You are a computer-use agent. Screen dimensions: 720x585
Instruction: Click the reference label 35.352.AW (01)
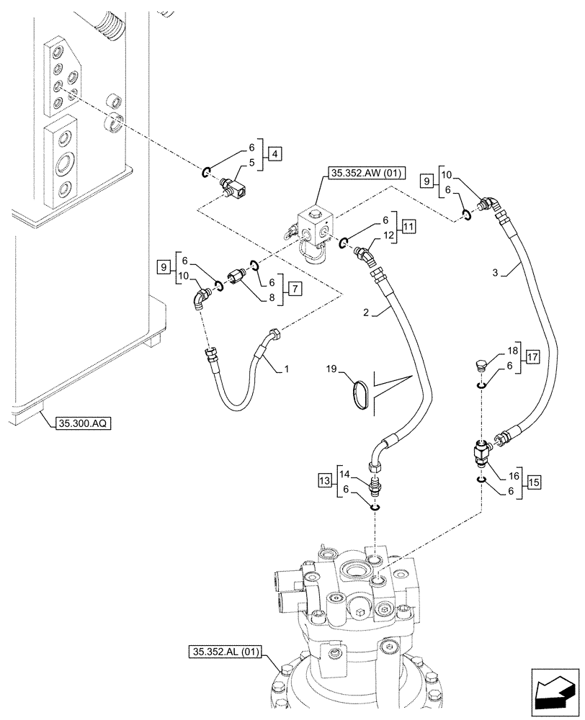coord(367,173)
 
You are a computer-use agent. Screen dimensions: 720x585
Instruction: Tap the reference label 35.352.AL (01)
coord(228,653)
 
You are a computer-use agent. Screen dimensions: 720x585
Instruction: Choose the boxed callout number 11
coord(409,228)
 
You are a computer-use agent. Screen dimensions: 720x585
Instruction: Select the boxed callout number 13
coord(323,480)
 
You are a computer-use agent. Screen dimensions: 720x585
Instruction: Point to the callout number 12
coord(388,235)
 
